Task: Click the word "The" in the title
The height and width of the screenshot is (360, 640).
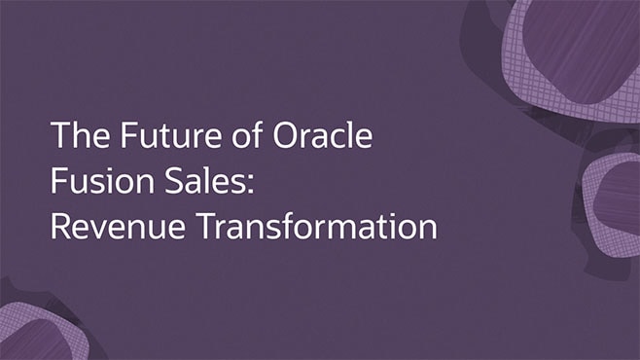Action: point(74,135)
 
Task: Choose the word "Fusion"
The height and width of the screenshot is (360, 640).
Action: point(93,181)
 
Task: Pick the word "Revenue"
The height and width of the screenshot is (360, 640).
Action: point(107,227)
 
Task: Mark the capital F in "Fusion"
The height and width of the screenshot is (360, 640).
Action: point(58,181)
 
